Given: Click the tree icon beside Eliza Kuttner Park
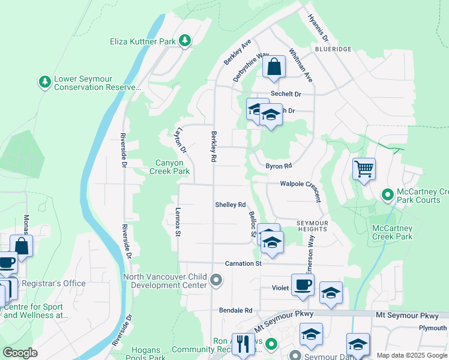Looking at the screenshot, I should click(x=185, y=41).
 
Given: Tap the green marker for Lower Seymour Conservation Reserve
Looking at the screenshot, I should click(x=44, y=81).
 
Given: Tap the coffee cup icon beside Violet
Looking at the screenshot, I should click(x=303, y=284).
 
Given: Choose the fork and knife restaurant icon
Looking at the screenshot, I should click(x=243, y=344).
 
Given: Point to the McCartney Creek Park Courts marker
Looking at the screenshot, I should click(x=388, y=194).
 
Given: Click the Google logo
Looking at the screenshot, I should click(x=20, y=353).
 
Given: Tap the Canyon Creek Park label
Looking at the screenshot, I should click(x=164, y=167).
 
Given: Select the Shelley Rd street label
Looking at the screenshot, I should click(x=231, y=205).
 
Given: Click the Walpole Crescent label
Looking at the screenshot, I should click(x=306, y=185).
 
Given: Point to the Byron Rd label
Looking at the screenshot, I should click(x=279, y=166).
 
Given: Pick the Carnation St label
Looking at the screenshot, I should click(x=243, y=263).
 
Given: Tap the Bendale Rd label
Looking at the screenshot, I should click(x=235, y=310).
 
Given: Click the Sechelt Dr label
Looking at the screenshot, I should click(x=286, y=94).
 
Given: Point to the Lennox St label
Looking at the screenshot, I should click(x=178, y=221).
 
